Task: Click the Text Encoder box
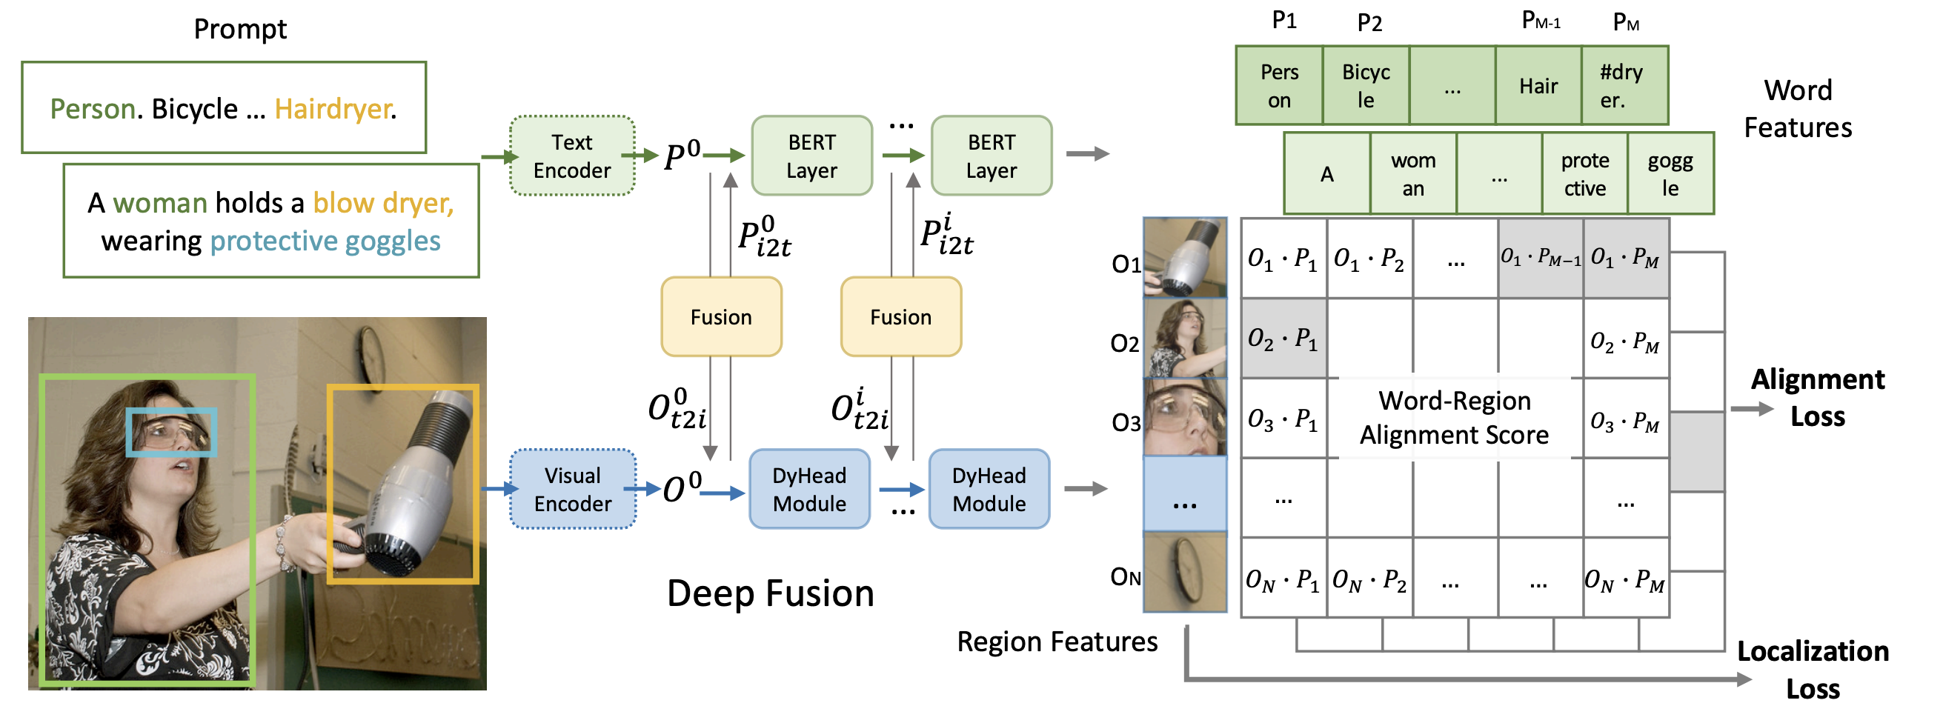point(572,156)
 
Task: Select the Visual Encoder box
point(573,489)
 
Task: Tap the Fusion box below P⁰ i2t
point(721,316)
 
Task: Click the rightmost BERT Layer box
point(991,156)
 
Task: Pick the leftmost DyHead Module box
point(809,489)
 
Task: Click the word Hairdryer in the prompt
point(334,110)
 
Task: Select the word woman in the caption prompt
point(160,203)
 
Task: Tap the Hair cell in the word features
point(1538,86)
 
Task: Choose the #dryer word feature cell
point(1624,86)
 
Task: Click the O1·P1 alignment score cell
point(1283,259)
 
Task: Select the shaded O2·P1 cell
point(1283,339)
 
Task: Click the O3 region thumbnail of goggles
point(1184,418)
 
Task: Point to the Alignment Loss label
point(1817,397)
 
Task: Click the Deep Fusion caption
point(770,593)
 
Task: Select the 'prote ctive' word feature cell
point(1584,174)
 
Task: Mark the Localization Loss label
point(1813,670)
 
